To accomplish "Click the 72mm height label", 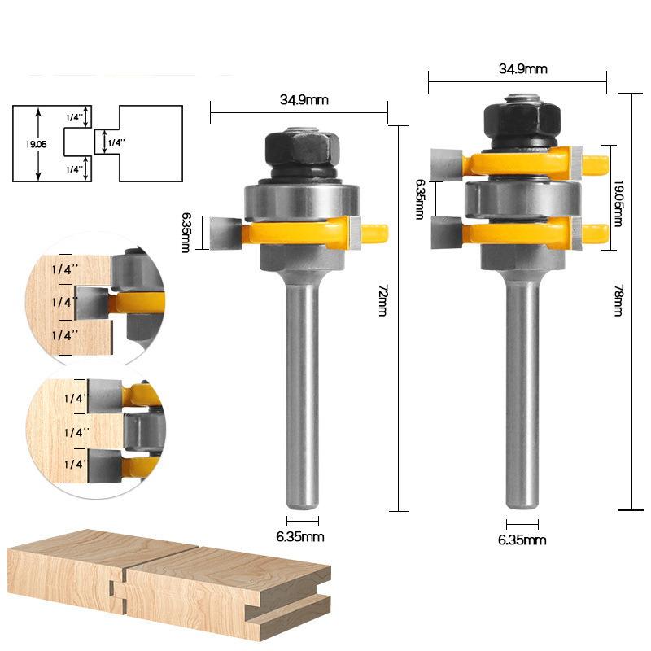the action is pos(382,300).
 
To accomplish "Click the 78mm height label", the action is pos(618,300).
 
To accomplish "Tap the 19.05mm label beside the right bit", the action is pos(618,203).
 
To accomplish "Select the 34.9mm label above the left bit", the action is pos(304,99).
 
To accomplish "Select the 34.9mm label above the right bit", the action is pos(522,68).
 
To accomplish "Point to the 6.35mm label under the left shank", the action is pos(299,536).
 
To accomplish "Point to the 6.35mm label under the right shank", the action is pos(522,540).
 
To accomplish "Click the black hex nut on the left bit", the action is pos(303,148).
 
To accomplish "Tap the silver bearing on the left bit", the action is pos(302,201).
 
